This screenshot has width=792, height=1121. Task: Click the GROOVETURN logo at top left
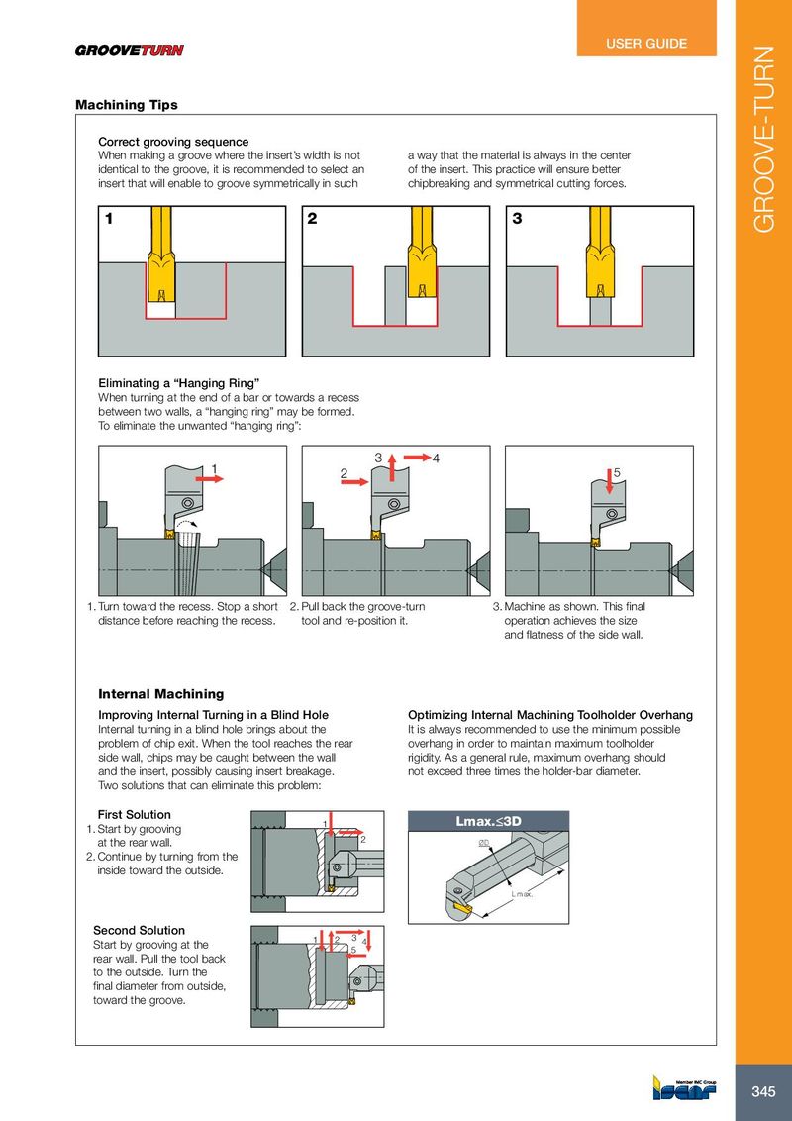point(130,51)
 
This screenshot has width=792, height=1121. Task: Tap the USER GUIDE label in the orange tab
point(645,44)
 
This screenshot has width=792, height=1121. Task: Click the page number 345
point(763,1091)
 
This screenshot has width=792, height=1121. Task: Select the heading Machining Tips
point(127,105)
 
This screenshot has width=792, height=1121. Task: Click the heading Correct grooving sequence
point(172,142)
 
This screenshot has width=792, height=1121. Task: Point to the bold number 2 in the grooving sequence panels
point(312,220)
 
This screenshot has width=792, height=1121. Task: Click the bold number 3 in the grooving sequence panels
point(517,220)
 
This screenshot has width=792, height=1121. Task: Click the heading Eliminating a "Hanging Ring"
point(178,382)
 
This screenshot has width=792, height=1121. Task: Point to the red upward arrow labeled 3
point(392,464)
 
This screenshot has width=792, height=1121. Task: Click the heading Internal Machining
point(160,694)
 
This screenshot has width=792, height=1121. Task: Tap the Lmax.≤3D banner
point(494,821)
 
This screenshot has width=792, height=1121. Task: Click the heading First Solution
point(134,814)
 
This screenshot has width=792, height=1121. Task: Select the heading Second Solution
point(139,930)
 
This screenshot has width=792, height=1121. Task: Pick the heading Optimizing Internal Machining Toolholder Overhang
point(549,714)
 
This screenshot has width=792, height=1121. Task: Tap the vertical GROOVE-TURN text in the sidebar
point(765,139)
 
